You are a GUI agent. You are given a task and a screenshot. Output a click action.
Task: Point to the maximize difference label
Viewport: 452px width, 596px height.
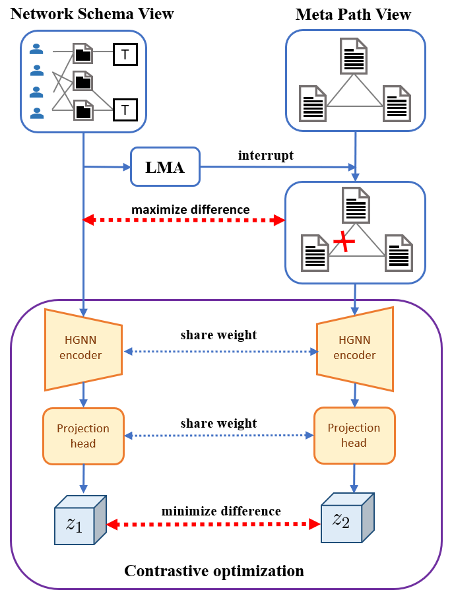pyautogui.click(x=191, y=209)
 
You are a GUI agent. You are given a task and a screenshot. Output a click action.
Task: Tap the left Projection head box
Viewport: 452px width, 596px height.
pyautogui.click(x=83, y=435)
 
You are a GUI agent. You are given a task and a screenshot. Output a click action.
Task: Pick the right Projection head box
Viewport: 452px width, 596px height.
pyautogui.click(x=354, y=435)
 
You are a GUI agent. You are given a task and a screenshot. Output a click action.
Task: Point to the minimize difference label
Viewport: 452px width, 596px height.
pyautogui.click(x=222, y=511)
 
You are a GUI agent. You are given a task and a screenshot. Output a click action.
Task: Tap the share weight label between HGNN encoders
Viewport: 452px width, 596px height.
pyautogui.click(x=218, y=335)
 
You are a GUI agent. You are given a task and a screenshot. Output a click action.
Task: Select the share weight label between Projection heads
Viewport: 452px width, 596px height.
pyautogui.click(x=218, y=423)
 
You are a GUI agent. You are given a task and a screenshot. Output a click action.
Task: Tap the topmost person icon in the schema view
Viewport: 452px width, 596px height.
pyautogui.click(x=37, y=48)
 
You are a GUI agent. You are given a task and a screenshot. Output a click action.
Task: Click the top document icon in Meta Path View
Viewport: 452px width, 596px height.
pyautogui.click(x=353, y=55)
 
